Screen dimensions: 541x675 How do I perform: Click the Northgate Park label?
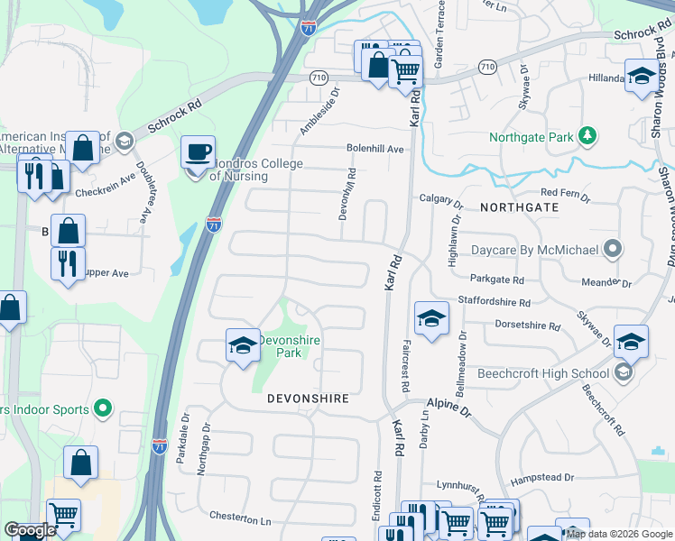[x=531, y=138]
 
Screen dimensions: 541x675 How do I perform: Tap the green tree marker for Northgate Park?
[x=587, y=135]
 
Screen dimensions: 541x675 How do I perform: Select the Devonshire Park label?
[x=291, y=346]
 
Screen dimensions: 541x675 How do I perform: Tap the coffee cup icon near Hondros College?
[x=198, y=151]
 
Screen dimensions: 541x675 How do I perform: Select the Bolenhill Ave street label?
[x=374, y=149]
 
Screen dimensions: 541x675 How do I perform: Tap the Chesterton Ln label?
[x=240, y=520]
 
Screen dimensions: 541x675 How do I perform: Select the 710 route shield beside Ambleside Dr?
[x=317, y=78]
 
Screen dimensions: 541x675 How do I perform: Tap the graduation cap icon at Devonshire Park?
[x=242, y=345]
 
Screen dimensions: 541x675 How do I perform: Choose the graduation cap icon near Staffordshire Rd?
[x=431, y=317]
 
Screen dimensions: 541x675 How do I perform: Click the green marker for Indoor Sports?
[x=103, y=409]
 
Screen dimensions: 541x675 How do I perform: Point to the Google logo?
[x=30, y=530]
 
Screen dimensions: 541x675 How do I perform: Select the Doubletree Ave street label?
[x=142, y=192]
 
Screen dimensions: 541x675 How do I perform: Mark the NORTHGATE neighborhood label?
[x=519, y=207]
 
